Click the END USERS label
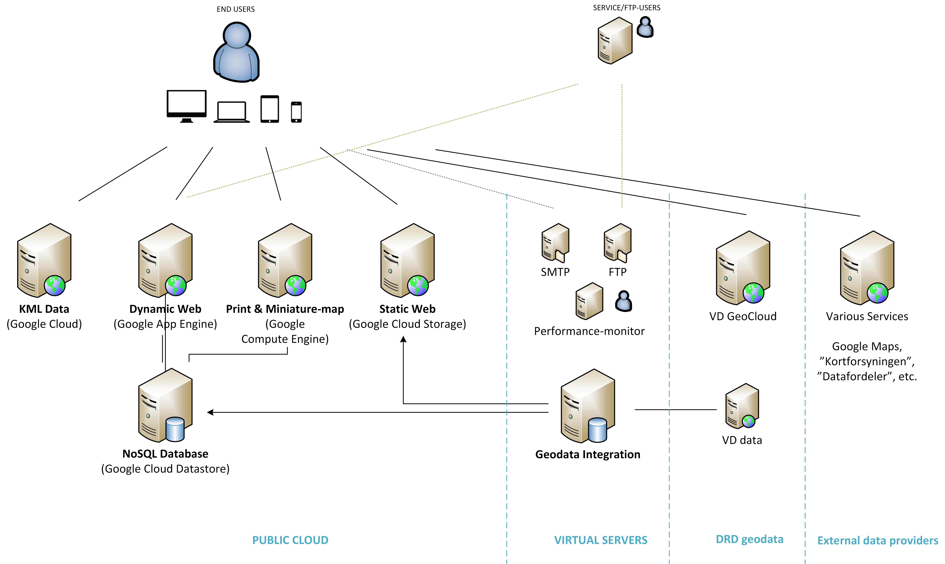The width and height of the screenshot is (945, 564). click(236, 9)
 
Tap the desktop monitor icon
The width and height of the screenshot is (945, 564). click(187, 106)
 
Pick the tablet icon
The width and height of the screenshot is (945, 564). click(269, 109)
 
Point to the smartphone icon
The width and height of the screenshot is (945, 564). click(296, 112)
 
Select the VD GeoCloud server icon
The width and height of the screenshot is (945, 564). click(743, 268)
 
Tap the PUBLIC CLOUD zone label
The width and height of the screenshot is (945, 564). click(290, 540)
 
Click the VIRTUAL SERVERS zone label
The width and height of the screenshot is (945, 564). click(601, 540)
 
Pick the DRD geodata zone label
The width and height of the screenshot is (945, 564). click(749, 539)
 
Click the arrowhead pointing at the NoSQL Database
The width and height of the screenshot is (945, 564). click(210, 412)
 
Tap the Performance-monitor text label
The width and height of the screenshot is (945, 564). click(589, 331)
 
